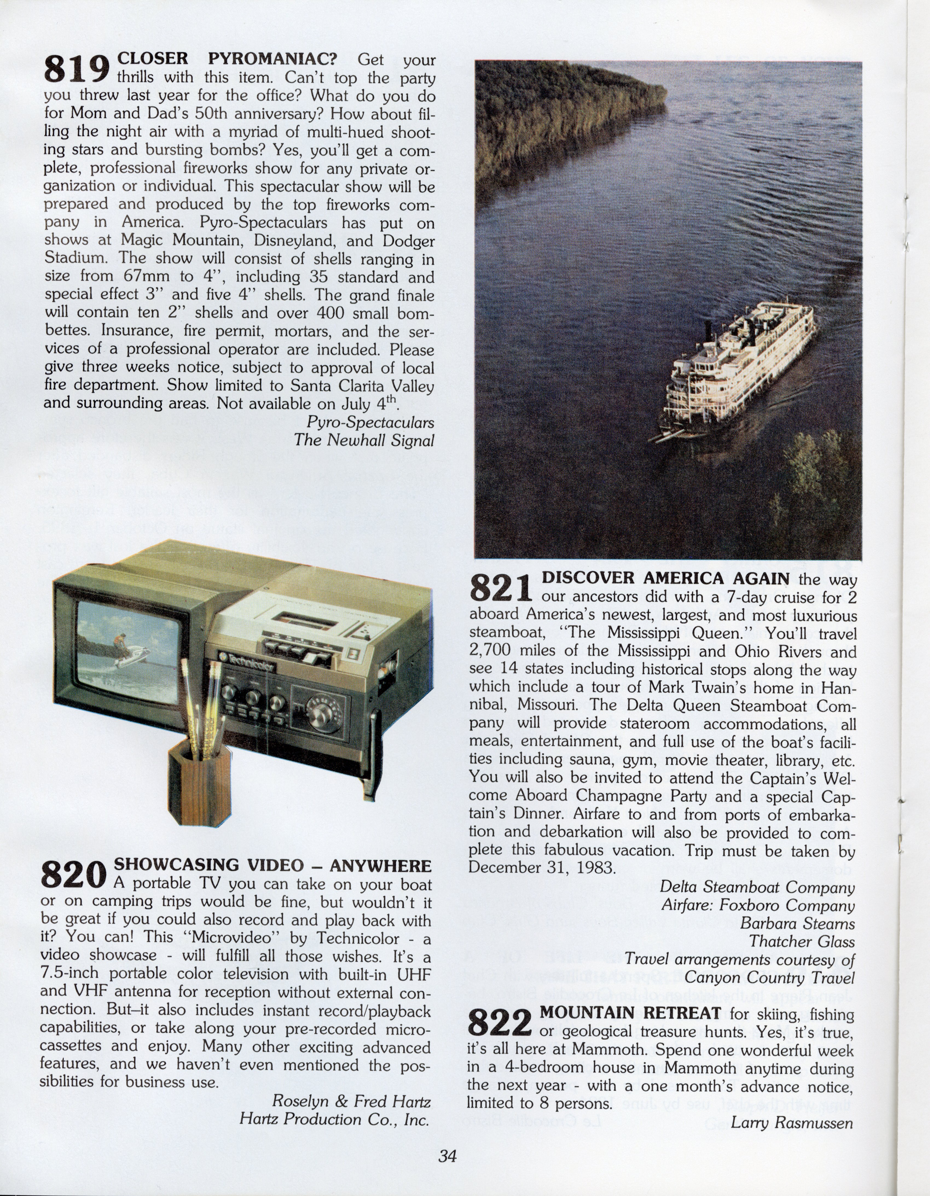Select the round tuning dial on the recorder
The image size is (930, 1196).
(319, 711)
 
